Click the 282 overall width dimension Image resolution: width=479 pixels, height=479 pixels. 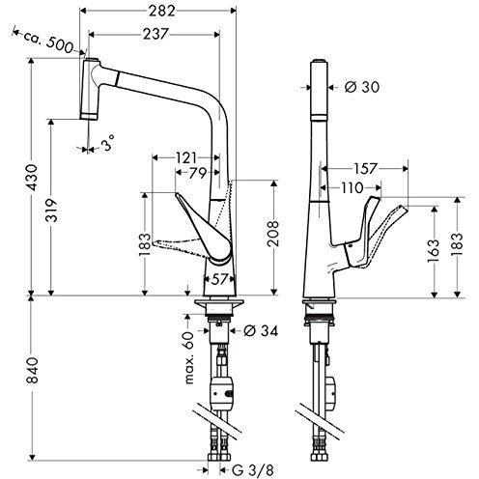coord(162,12)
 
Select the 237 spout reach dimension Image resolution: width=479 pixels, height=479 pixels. coord(155,34)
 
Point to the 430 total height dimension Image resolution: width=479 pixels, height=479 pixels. coord(32,177)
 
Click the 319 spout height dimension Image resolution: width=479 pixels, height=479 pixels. coord(51,211)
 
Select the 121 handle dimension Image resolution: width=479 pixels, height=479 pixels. coord(186,157)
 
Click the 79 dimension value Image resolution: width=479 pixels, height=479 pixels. coord(197,173)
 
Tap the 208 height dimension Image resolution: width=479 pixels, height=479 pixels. coord(273,234)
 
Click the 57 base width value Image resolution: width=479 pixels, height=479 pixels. coord(219,279)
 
